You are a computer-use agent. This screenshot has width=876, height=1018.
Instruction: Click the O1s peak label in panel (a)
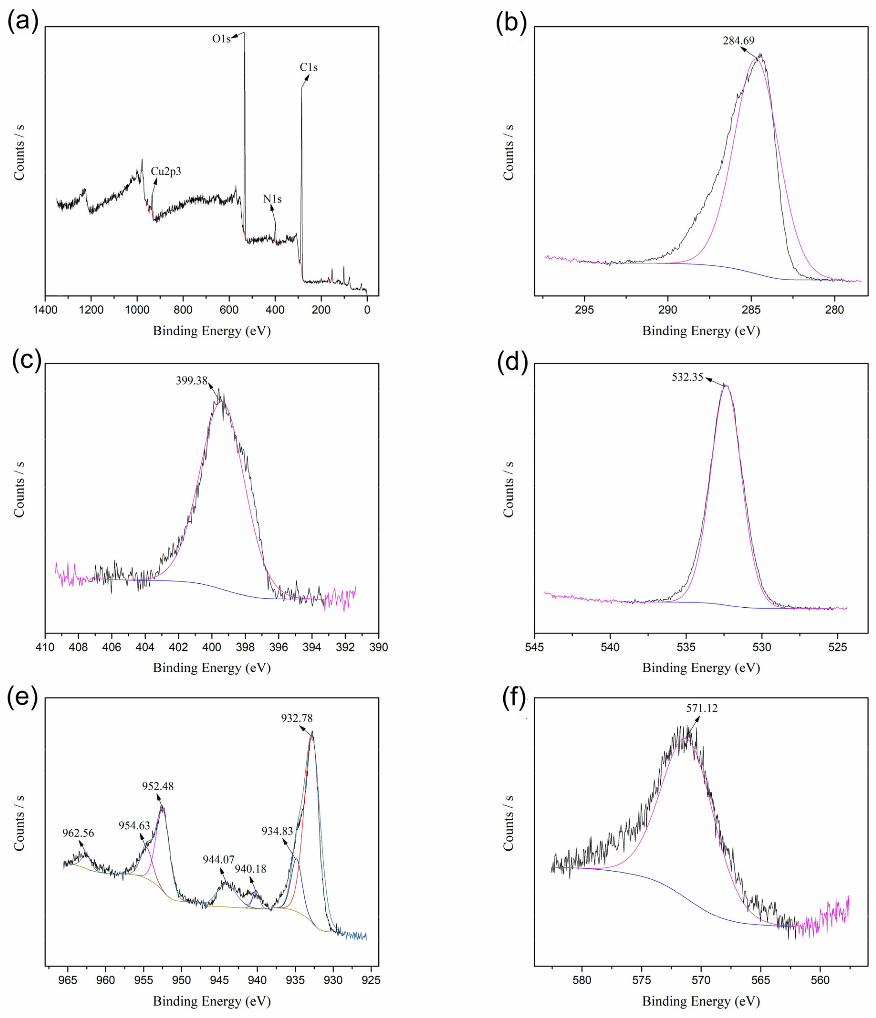pyautogui.click(x=221, y=39)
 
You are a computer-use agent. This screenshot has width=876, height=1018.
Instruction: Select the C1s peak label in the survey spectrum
pyautogui.click(x=308, y=67)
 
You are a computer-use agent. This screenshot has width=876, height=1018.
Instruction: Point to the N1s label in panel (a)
pyautogui.click(x=272, y=199)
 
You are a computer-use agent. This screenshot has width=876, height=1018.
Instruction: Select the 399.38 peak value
pyautogui.click(x=192, y=381)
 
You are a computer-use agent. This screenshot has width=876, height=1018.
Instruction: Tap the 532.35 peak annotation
pyautogui.click(x=687, y=377)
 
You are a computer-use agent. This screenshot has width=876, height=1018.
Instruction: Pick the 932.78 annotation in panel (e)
pyautogui.click(x=297, y=718)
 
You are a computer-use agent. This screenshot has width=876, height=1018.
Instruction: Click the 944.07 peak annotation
pyautogui.click(x=219, y=859)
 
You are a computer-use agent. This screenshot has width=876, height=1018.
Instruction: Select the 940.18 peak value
pyautogui.click(x=250, y=869)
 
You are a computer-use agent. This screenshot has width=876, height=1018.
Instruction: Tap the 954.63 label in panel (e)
pyautogui.click(x=134, y=826)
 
